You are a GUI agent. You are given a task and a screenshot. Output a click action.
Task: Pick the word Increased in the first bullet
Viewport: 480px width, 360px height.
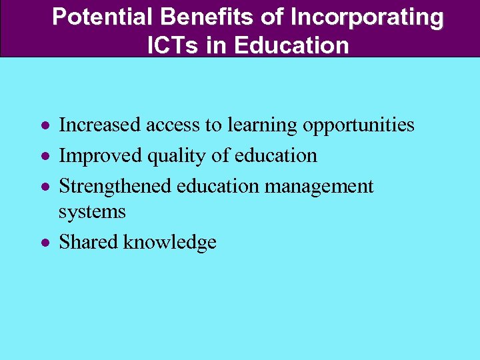tap(99, 125)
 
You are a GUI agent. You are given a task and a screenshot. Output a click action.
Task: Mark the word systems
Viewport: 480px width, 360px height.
tap(92, 212)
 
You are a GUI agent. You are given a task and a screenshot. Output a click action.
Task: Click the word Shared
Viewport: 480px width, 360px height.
tap(89, 242)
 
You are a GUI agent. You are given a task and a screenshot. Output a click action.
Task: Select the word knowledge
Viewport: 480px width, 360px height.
tap(170, 243)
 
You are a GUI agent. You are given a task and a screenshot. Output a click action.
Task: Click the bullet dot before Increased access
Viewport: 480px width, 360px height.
tap(43, 125)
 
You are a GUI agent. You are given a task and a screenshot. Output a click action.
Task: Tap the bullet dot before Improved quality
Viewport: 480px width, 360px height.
tap(43, 156)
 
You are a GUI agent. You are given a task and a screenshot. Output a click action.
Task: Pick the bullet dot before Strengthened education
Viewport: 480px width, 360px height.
tap(43, 187)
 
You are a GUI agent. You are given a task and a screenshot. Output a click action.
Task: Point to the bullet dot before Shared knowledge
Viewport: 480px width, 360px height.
tap(43, 243)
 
